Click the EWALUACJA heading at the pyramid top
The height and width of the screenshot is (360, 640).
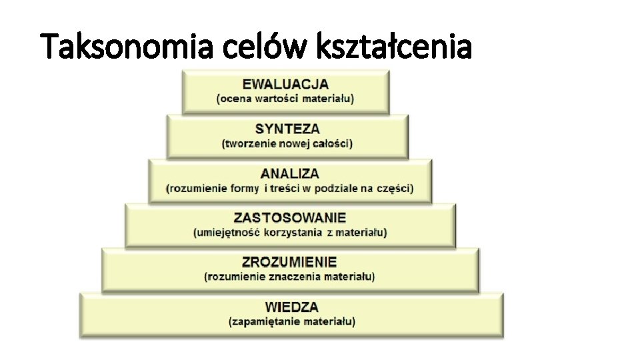285,84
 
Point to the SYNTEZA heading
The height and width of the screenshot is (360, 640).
287,129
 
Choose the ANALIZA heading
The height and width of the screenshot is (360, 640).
290,173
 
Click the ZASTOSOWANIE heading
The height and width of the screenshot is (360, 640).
290,217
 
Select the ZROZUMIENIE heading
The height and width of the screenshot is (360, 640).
289,262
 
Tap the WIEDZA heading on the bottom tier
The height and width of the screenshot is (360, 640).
292,307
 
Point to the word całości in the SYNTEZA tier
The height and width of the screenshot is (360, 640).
331,143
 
